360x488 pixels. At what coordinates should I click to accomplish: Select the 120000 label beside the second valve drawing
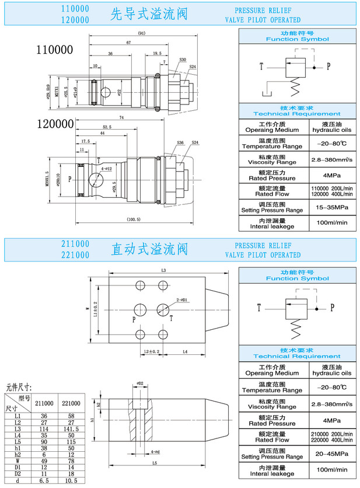click(55, 124)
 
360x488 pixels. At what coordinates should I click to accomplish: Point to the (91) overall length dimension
click(141, 33)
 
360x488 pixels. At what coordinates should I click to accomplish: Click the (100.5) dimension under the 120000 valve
click(134, 219)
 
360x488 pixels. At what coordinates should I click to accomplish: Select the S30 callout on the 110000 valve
click(183, 60)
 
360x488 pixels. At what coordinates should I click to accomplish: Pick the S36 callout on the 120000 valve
click(180, 142)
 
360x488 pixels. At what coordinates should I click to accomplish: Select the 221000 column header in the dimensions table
click(70, 403)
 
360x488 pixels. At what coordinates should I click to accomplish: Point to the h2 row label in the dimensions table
click(18, 454)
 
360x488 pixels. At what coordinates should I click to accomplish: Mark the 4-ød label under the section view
click(155, 452)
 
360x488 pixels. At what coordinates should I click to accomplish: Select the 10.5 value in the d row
click(70, 480)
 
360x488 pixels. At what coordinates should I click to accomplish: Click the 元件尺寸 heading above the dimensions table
click(19, 386)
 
